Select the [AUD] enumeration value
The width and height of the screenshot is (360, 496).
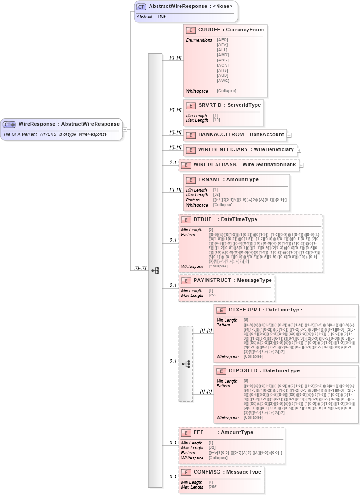pyautogui.click(x=223, y=75)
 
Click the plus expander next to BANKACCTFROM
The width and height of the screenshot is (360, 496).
pyautogui.click(x=289, y=135)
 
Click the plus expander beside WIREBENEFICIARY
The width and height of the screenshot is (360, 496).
pyautogui.click(x=299, y=150)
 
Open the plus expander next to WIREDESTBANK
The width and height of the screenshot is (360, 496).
pyautogui.click(x=301, y=165)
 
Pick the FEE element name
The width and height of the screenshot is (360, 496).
pyautogui.click(x=199, y=432)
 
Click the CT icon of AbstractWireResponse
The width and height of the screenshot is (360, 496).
pyautogui.click(x=141, y=7)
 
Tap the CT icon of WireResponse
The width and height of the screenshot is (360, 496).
pyautogui.click(x=9, y=125)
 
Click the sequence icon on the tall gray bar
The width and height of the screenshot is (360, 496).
pyautogui.click(x=155, y=270)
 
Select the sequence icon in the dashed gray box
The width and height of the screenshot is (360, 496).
pyautogui.click(x=186, y=363)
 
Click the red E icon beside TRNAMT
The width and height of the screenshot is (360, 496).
pyautogui.click(x=191, y=180)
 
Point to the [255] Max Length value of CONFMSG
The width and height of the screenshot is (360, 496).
pyautogui.click(x=213, y=487)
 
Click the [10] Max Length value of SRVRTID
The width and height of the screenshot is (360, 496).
pyautogui.click(x=217, y=120)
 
